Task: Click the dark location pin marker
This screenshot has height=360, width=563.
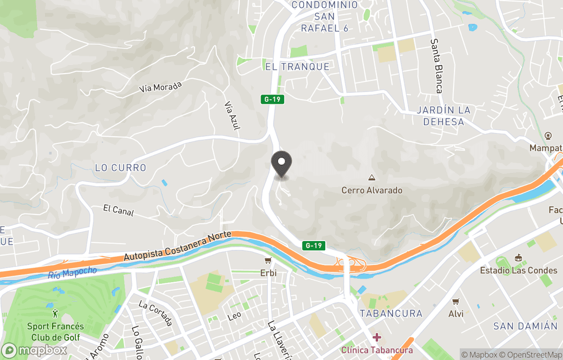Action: (282, 163)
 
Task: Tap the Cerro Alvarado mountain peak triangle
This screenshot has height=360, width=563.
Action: (372, 178)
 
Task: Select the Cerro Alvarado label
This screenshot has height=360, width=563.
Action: (372, 190)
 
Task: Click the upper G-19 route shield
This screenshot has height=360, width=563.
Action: (273, 99)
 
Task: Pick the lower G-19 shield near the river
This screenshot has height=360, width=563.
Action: (313, 245)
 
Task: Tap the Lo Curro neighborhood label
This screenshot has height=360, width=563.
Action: (121, 168)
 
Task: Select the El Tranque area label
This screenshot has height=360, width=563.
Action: (297, 67)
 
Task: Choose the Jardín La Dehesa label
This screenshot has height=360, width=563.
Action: (444, 116)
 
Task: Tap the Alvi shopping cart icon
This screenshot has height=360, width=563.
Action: (456, 302)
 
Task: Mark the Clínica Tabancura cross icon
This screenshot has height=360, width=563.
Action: (376, 337)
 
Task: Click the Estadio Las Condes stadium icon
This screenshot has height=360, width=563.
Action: (518, 258)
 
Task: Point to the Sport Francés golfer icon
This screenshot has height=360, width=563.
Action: (55, 314)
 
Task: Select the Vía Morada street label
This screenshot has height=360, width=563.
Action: (161, 87)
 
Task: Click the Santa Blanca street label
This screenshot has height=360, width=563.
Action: (436, 66)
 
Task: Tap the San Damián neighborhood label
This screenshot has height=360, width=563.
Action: (525, 326)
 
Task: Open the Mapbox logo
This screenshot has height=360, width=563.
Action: (34, 350)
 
